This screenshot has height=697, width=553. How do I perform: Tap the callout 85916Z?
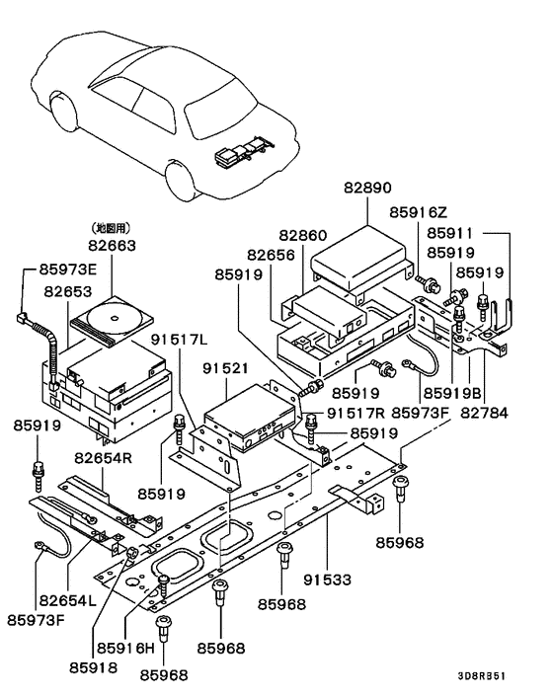419,212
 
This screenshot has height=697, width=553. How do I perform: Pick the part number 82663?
113,245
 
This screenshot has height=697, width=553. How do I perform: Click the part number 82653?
69,292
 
